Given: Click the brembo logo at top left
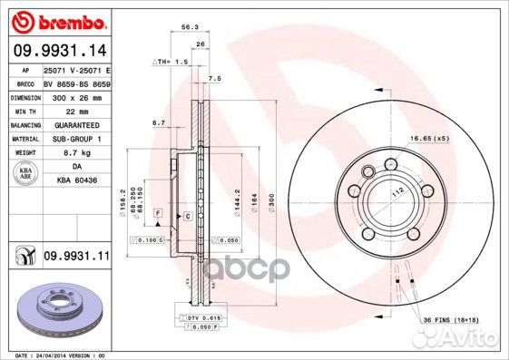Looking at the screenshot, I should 56,21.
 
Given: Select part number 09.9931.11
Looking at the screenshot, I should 76,258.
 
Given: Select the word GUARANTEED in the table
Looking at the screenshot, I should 72,124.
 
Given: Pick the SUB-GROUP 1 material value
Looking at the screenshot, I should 72,138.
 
